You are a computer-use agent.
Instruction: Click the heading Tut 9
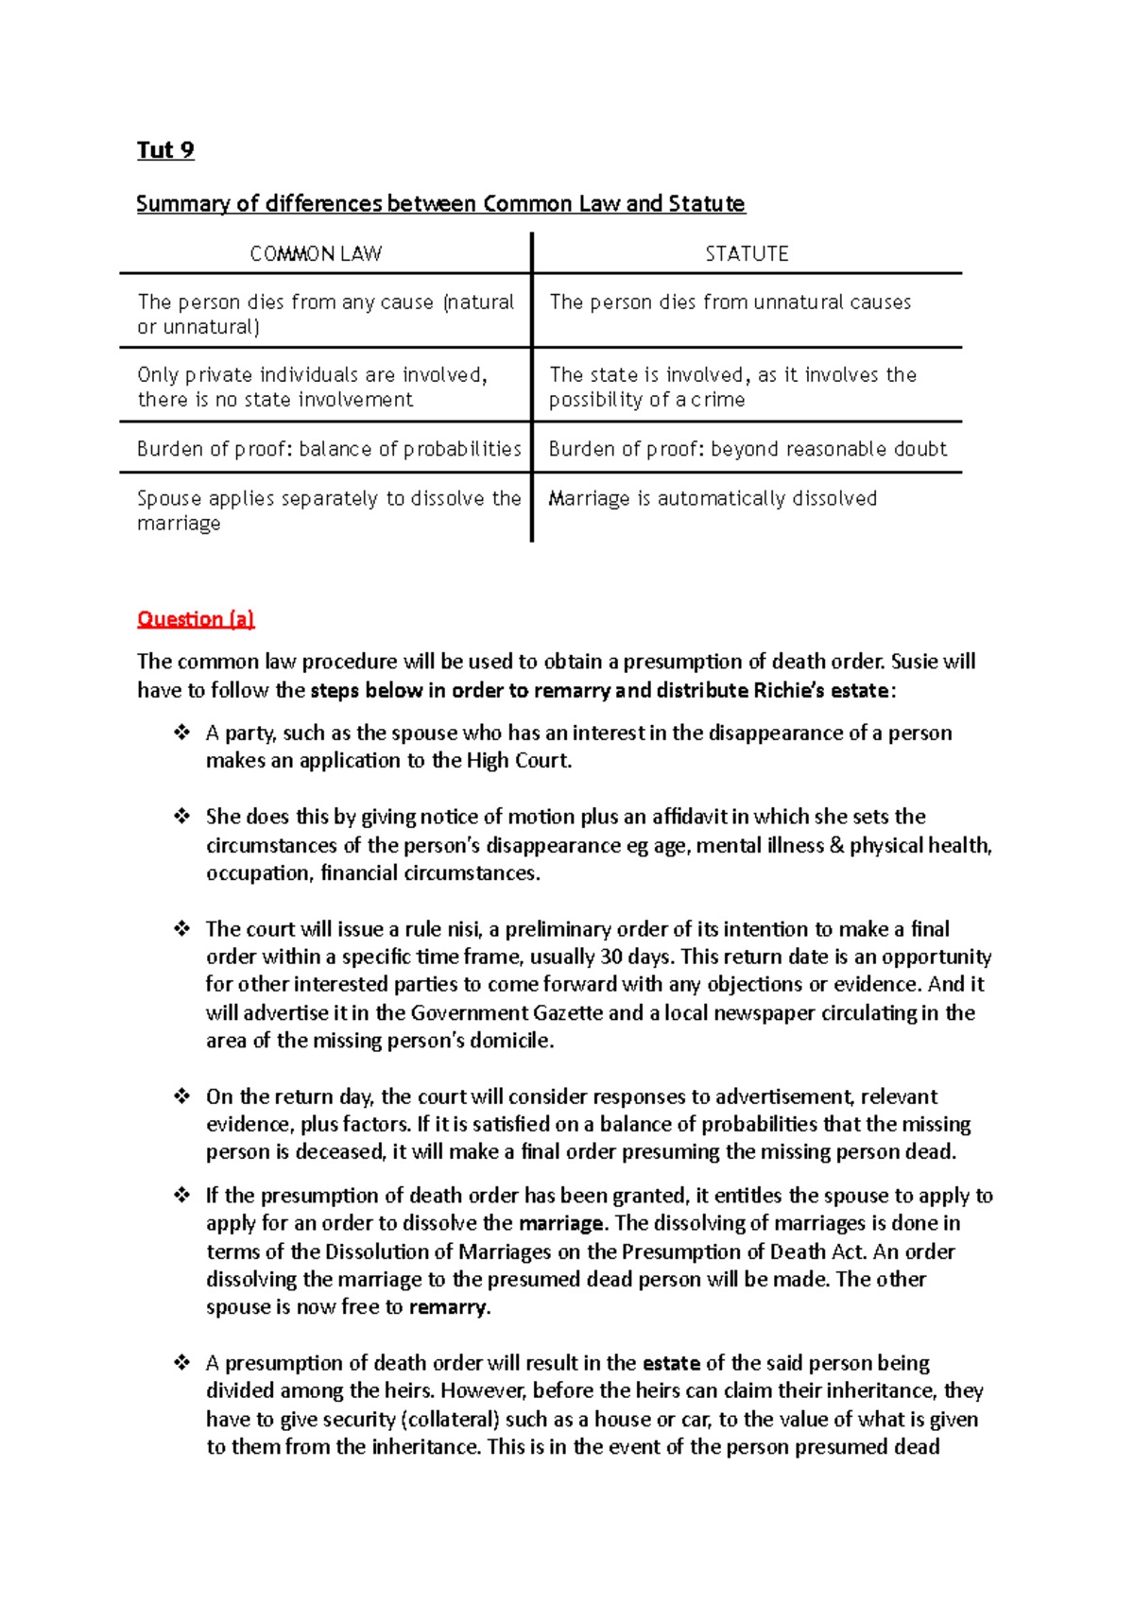pos(165,150)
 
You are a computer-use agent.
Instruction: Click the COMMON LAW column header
pos(316,253)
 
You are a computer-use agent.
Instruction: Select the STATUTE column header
pos(747,253)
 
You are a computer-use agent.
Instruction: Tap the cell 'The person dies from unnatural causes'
pos(730,302)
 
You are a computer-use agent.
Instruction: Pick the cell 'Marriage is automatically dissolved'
pos(713,498)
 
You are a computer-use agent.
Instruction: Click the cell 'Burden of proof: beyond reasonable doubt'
pos(747,449)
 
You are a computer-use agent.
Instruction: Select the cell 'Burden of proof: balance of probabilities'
pos(329,449)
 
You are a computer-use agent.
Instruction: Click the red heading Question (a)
pos(196,619)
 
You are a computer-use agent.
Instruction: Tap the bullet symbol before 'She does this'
pos(181,817)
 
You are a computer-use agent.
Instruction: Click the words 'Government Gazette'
pos(507,1013)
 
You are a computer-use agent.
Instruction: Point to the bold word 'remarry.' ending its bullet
pos(450,1307)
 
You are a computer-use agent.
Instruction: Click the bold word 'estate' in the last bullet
pos(671,1363)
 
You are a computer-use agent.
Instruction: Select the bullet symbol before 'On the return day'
pos(181,1096)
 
